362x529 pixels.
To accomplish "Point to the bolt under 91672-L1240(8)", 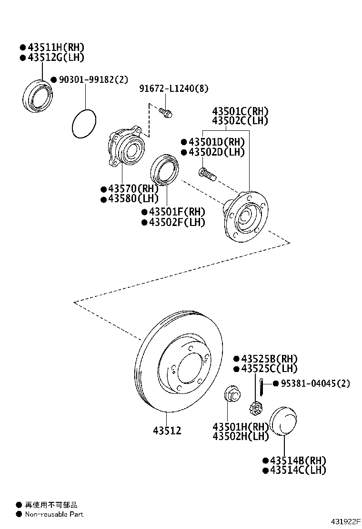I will point(166,113).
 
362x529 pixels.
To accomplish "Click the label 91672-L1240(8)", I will point(173,89).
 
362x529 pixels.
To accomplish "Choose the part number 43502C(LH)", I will point(240,121).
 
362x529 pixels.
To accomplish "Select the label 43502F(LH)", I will point(176,222).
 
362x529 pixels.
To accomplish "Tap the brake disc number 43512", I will point(167,431).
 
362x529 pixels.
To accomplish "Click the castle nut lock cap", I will point(256,408).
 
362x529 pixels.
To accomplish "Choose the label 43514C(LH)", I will point(298,470).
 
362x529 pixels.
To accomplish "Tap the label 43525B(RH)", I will point(269,359).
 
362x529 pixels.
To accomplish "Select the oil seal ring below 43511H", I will point(38,97).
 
